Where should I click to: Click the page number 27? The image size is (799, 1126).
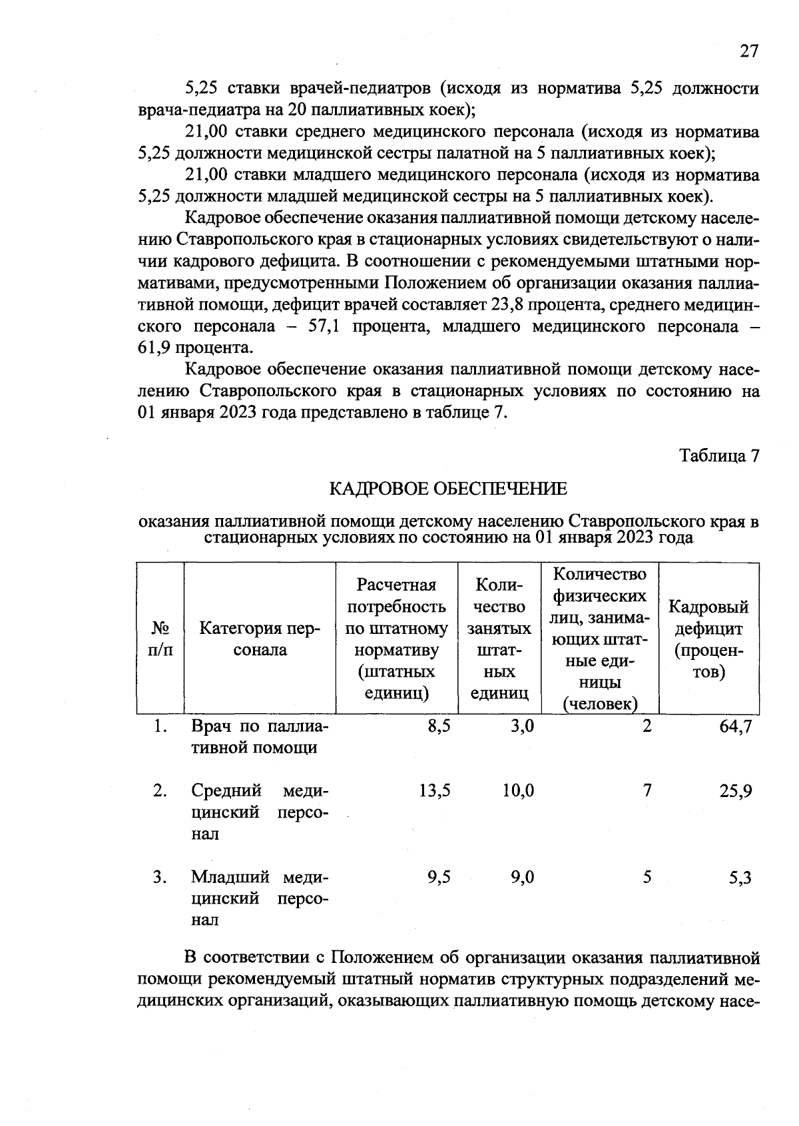coord(748,52)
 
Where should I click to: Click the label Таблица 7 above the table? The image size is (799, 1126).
coord(718,456)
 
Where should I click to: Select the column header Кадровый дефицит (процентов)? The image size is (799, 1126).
coord(708,639)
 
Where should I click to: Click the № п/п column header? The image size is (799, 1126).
coord(160,639)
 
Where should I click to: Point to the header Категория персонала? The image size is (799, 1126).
coord(260,639)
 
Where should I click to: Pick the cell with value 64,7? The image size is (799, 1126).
coord(735,726)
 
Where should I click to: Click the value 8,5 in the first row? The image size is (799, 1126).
coord(439,726)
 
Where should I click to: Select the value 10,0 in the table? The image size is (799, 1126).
coord(518,791)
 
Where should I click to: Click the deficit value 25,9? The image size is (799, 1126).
coord(735,791)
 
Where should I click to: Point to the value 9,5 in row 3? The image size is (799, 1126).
coord(439,878)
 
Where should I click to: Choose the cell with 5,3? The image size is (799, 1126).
coord(740,878)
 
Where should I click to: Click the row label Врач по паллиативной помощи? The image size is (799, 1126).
coord(260,737)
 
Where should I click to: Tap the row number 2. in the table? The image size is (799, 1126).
coord(159,791)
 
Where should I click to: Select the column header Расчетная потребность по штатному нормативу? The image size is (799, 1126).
coord(397,639)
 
